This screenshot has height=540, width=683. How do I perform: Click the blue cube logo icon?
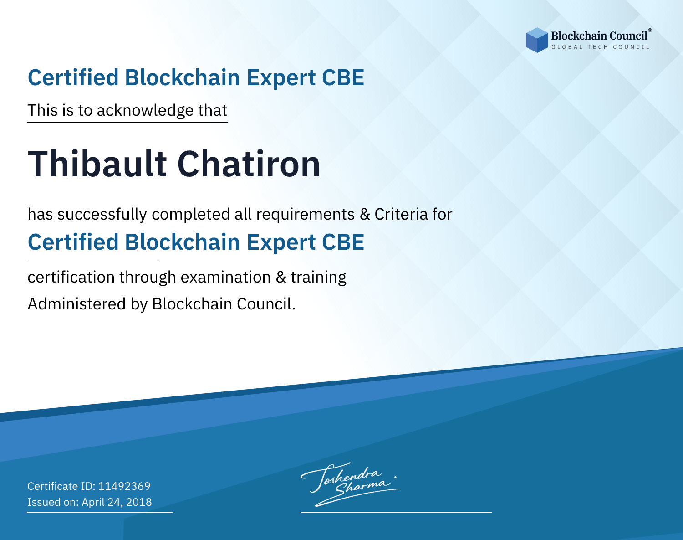(537, 40)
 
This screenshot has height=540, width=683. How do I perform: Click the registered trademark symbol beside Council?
(650, 31)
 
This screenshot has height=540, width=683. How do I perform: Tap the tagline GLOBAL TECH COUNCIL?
(601, 47)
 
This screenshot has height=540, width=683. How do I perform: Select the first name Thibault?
(97, 164)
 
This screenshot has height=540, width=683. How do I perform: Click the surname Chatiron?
(249, 164)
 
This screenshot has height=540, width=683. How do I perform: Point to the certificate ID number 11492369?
(124, 486)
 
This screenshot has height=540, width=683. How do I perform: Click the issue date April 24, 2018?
(117, 502)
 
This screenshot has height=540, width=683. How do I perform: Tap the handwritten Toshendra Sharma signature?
(351, 484)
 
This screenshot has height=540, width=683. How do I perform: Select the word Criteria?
(401, 214)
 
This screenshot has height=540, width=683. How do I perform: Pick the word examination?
(225, 277)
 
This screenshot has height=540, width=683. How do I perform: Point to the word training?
(318, 278)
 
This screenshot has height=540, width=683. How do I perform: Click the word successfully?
(102, 215)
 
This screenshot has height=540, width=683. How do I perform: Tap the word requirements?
(306, 215)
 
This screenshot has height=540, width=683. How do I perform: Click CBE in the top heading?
(343, 78)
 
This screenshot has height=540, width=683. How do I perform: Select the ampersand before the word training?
(280, 278)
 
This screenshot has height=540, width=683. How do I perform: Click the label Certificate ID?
(61, 486)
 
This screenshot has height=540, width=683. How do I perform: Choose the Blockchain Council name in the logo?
(599, 36)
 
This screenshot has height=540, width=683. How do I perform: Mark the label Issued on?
(53, 502)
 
